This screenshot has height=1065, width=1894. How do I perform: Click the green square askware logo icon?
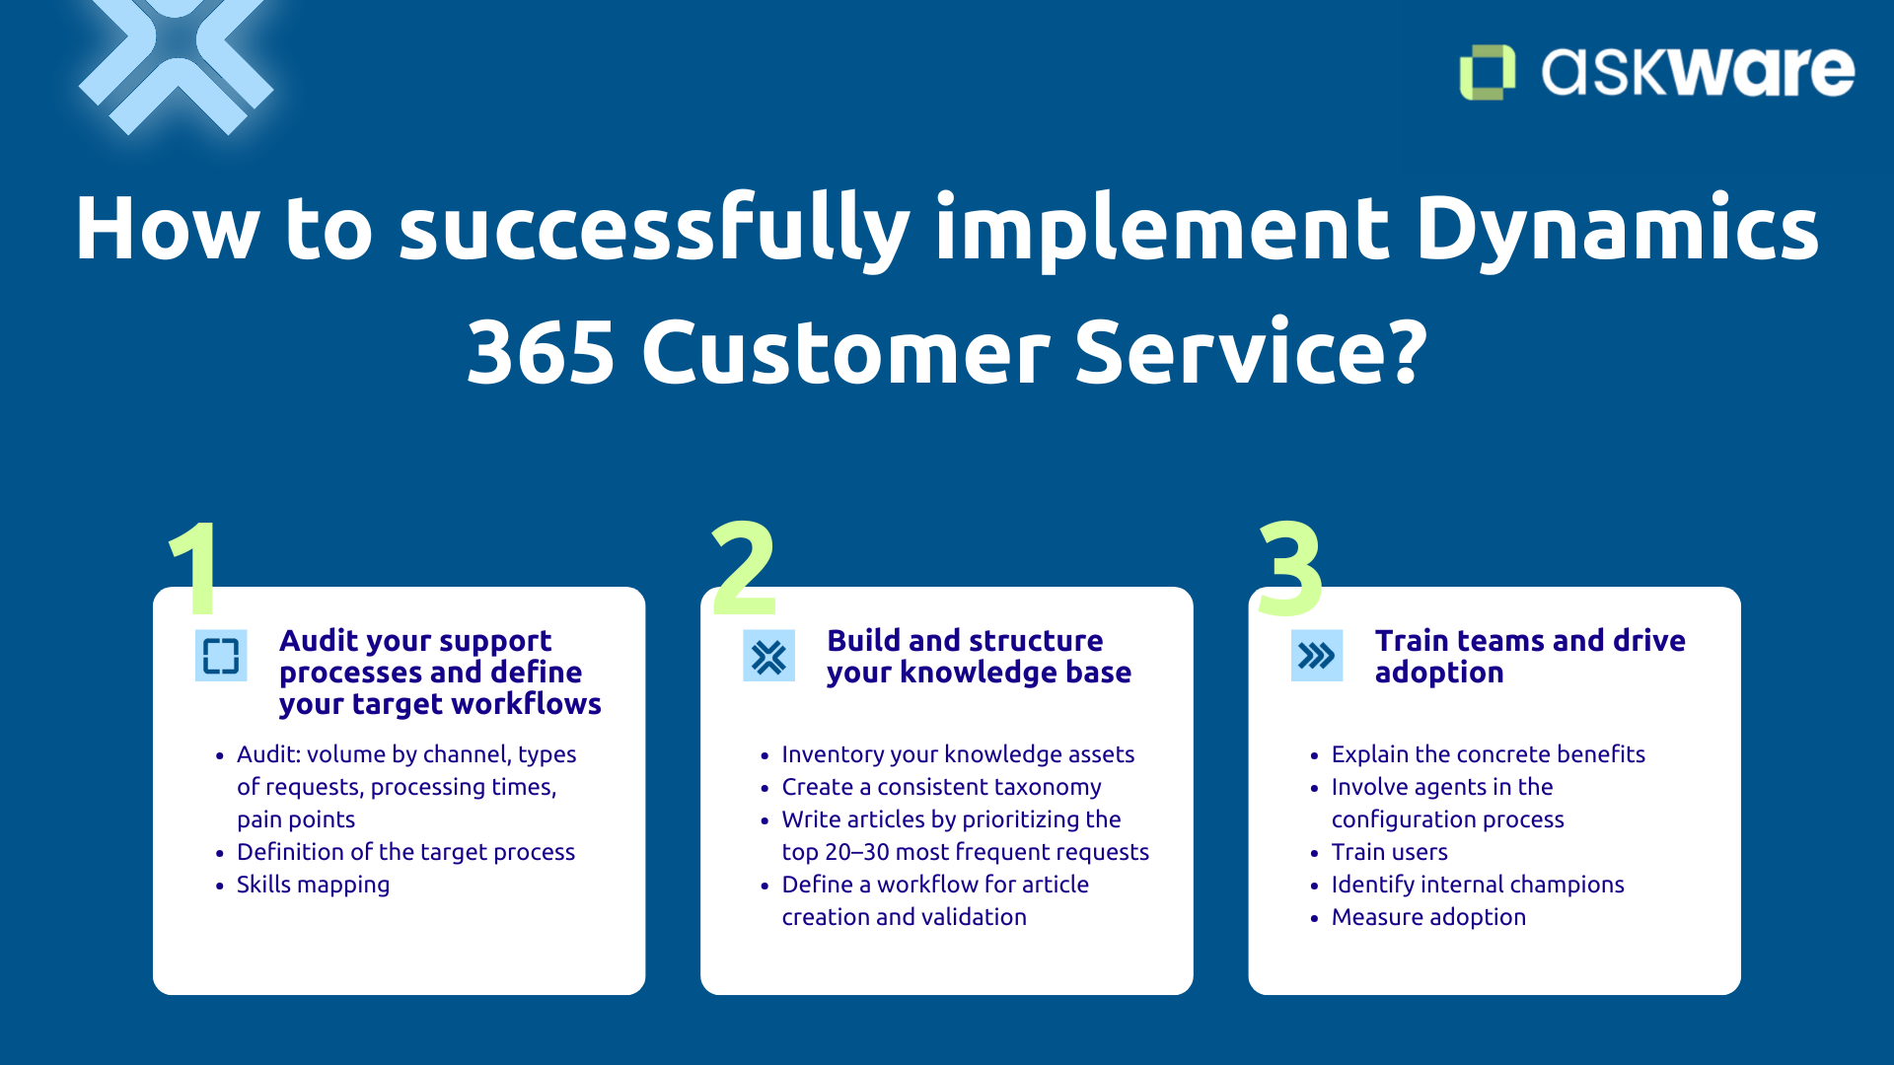[1487, 72]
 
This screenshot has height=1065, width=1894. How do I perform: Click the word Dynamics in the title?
[1617, 229]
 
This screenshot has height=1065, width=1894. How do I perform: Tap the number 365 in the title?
[541, 352]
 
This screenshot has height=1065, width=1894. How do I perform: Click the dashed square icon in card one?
[221, 656]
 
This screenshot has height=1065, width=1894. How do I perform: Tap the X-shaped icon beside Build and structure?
[768, 656]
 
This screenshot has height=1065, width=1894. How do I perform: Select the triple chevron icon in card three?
[1316, 656]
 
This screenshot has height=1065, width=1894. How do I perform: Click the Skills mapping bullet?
[313, 885]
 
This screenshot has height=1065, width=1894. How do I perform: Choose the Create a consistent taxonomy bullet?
[941, 787]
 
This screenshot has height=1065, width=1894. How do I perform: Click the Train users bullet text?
[1389, 852]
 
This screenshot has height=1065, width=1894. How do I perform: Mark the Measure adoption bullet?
[1427, 917]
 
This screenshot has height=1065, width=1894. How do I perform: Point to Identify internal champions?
[1477, 885]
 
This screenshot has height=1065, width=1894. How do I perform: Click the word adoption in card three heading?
[1438, 673]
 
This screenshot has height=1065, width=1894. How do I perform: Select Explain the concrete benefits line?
[1488, 754]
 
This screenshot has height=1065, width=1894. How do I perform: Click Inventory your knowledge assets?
[957, 754]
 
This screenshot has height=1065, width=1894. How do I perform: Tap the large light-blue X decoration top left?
[176, 61]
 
